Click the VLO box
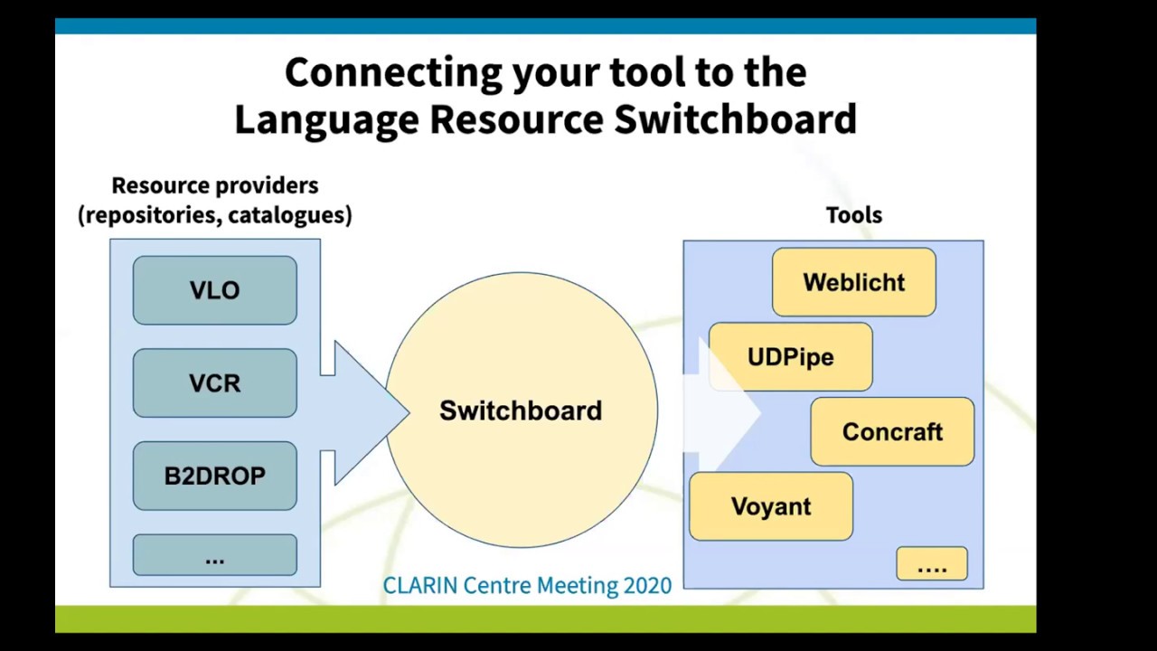214,290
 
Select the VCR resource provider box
214,383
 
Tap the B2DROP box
214,476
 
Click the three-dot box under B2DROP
214,555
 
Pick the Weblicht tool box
853,282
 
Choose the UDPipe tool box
790,357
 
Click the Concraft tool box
892,432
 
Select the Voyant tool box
770,506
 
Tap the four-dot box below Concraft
932,564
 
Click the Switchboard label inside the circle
521,410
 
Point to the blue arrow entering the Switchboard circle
362,412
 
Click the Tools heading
853,215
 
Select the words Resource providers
215,185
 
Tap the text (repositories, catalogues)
215,215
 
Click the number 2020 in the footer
647,586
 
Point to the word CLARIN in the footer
420,586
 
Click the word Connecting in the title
393,72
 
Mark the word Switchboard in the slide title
735,119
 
